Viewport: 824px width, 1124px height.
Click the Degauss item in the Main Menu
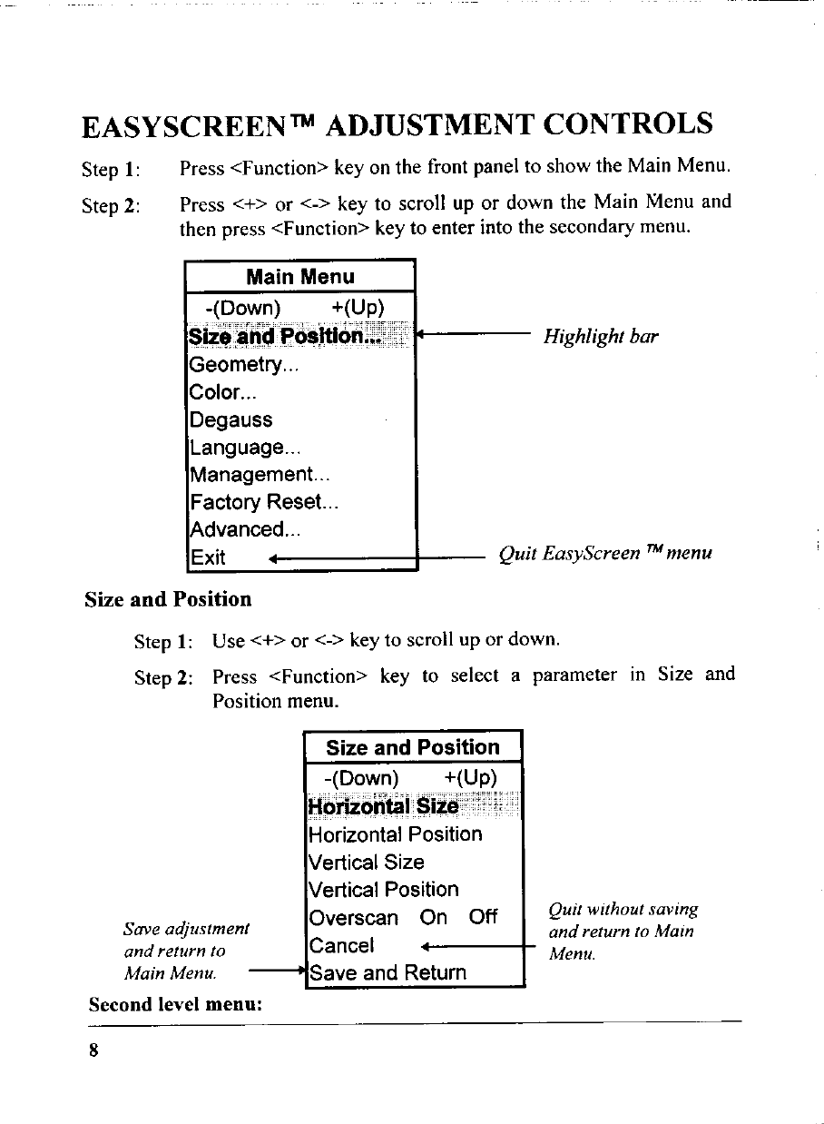click(231, 420)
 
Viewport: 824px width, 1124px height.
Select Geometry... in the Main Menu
click(242, 365)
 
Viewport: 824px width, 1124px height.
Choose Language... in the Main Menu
click(245, 448)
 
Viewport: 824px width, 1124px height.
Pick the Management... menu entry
click(260, 475)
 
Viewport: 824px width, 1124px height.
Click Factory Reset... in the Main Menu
click(263, 502)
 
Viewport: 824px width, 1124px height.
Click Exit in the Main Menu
click(208, 557)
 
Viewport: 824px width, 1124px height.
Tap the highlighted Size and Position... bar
click(287, 338)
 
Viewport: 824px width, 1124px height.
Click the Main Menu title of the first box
click(299, 277)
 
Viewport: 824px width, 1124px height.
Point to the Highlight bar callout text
click(601, 337)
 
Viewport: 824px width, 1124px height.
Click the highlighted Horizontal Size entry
click(383, 806)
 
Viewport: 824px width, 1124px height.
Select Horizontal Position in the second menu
click(396, 834)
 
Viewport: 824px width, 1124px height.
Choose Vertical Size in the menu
click(367, 863)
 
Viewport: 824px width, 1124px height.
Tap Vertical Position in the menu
click(384, 890)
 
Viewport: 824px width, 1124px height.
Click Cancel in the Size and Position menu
click(342, 946)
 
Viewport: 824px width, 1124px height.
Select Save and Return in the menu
click(387, 973)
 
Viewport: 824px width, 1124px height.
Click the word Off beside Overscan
click(483, 918)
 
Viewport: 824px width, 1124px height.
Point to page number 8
click(93, 1050)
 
